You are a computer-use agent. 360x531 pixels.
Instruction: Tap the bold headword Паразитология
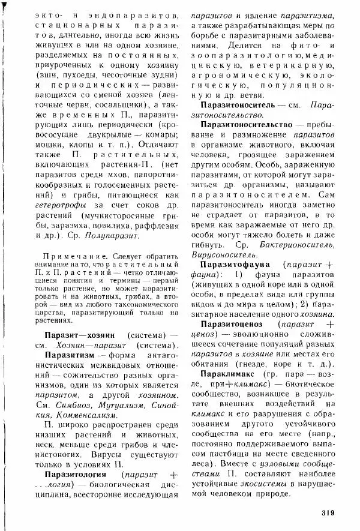pos(76,474)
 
